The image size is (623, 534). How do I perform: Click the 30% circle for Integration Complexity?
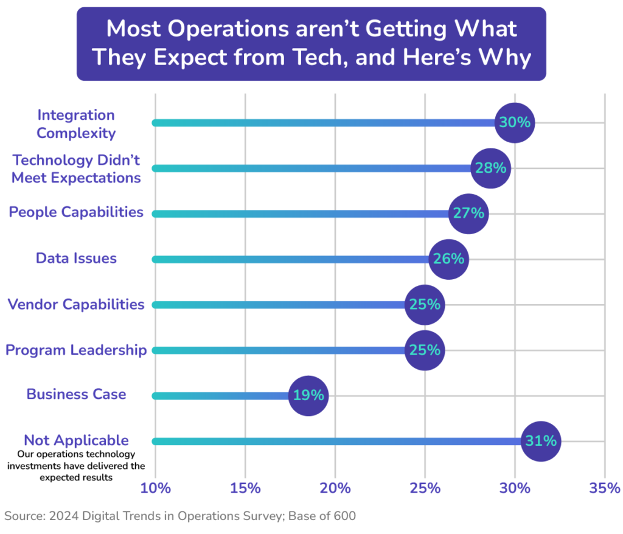(x=515, y=122)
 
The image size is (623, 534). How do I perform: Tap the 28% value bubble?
(x=491, y=168)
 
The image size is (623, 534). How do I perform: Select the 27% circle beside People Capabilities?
(x=468, y=213)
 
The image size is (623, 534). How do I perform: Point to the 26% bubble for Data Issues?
(x=448, y=259)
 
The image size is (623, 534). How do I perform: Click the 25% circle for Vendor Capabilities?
(x=425, y=304)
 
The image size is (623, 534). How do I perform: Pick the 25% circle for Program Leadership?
(x=425, y=350)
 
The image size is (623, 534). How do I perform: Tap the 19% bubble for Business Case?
(x=308, y=395)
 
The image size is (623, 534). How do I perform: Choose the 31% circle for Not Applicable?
(x=541, y=441)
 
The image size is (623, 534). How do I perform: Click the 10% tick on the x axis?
(x=156, y=488)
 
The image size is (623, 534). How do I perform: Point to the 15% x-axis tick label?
(x=245, y=488)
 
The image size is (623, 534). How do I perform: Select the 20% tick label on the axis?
(x=335, y=488)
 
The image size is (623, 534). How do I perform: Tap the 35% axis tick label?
(x=604, y=488)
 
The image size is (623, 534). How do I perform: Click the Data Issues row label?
(x=76, y=258)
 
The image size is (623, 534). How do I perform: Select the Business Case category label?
(x=76, y=395)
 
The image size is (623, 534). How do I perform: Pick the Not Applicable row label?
(x=76, y=441)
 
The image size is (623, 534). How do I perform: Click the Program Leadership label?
(x=76, y=350)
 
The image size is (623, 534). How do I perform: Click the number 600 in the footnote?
(x=344, y=516)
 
